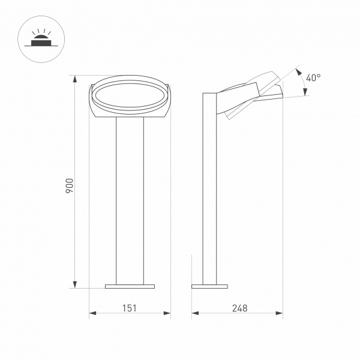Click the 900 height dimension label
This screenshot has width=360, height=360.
tap(70, 185)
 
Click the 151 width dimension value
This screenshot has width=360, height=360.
tap(130, 308)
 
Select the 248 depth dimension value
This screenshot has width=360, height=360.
tap(239, 308)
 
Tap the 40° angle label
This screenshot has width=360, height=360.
tap(313, 78)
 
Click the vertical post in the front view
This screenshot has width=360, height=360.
tap(130, 198)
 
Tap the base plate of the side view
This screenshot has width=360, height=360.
tap(210, 286)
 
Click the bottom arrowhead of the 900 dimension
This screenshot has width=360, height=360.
tap(75, 284)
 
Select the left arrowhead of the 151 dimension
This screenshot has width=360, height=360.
tap(92, 313)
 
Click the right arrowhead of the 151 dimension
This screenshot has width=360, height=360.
tap(168, 313)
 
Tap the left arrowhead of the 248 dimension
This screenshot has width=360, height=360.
tap(195, 313)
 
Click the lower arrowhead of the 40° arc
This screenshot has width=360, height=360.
tap(305, 92)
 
